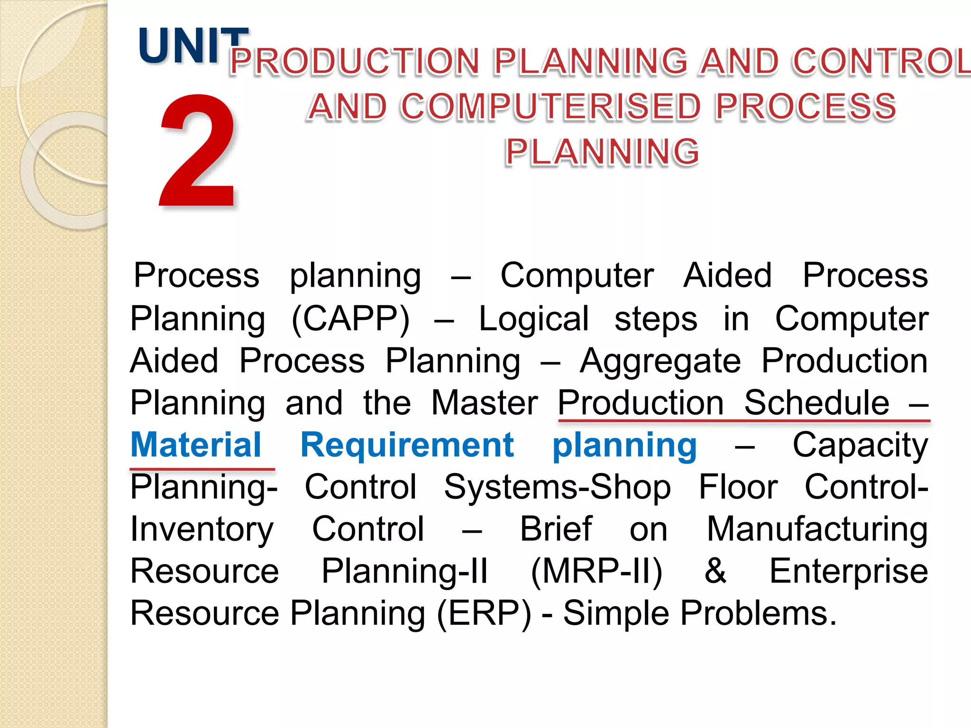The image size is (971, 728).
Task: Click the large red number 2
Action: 198,151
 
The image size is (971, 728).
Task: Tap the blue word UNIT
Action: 192,46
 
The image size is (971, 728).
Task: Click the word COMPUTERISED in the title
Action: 550,107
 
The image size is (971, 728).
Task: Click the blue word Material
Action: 196,445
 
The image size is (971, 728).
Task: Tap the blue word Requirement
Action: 407,445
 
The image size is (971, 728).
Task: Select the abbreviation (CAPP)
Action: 350,319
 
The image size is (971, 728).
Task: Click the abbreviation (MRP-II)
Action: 596,572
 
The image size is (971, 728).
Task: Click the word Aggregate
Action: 660,362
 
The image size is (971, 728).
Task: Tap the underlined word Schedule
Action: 816,403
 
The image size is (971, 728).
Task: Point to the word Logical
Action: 534,319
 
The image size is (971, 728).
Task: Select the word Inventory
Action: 202,529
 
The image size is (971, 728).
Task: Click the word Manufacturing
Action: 817,529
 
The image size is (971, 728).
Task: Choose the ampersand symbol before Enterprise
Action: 715,571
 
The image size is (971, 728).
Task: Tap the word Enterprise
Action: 848,571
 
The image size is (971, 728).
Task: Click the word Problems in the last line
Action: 759,613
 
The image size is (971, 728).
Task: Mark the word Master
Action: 484,403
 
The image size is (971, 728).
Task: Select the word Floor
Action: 738,487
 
